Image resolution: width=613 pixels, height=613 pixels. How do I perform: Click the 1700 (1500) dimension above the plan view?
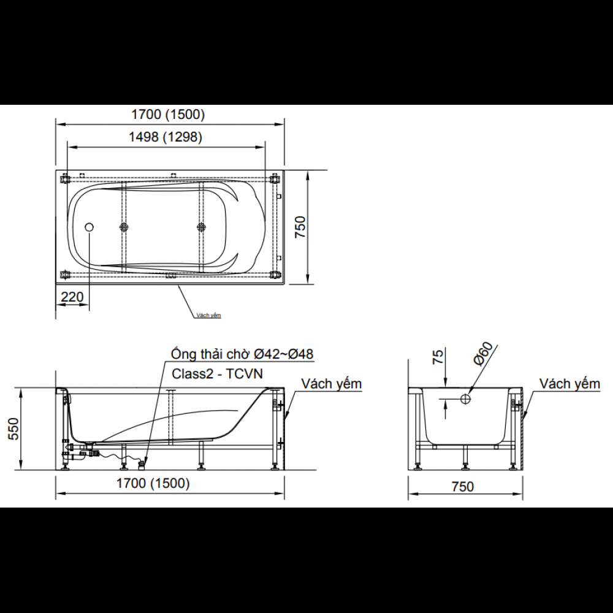click(x=168, y=114)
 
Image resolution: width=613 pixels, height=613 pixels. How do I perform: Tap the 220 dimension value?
click(x=72, y=297)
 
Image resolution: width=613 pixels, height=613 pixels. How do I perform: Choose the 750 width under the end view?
click(x=463, y=487)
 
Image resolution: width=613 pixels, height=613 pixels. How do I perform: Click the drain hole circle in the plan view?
click(x=89, y=227)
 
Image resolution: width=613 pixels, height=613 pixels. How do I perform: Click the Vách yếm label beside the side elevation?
click(x=332, y=384)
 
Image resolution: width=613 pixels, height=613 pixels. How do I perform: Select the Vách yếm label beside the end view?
click(x=569, y=384)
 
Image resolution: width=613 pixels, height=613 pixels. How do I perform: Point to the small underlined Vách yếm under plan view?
click(x=208, y=315)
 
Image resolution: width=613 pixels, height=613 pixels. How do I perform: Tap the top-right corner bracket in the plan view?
click(x=273, y=180)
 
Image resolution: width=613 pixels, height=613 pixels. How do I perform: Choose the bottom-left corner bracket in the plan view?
click(x=66, y=274)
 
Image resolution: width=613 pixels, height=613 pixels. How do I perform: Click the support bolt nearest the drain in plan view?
click(x=124, y=227)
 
